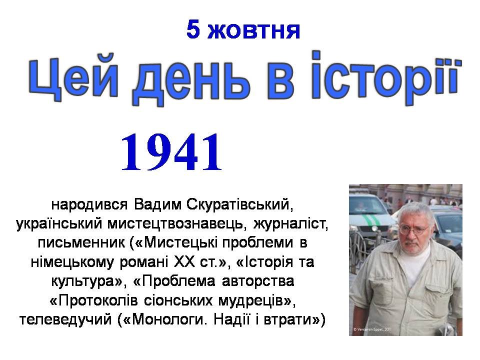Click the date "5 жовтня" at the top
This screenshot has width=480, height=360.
[x=243, y=30]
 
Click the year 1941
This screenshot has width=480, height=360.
[x=171, y=152]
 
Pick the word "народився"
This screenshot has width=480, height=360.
[x=89, y=204]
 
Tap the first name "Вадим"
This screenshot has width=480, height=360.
[x=157, y=204]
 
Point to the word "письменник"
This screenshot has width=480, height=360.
[x=81, y=243]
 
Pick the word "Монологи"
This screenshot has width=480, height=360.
[x=168, y=319]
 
